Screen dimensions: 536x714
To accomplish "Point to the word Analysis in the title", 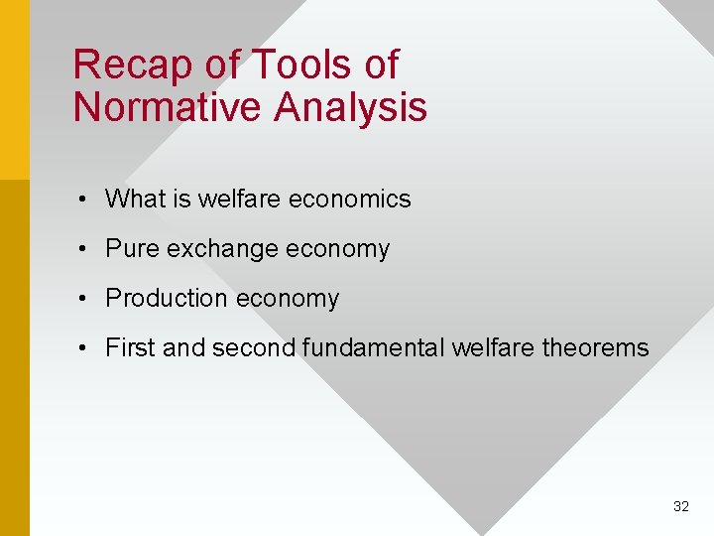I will (354, 107).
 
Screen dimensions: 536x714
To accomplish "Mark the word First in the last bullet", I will (130, 347).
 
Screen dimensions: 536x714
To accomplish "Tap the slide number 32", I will (680, 506).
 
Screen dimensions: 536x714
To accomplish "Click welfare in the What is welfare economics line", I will (238, 199).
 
